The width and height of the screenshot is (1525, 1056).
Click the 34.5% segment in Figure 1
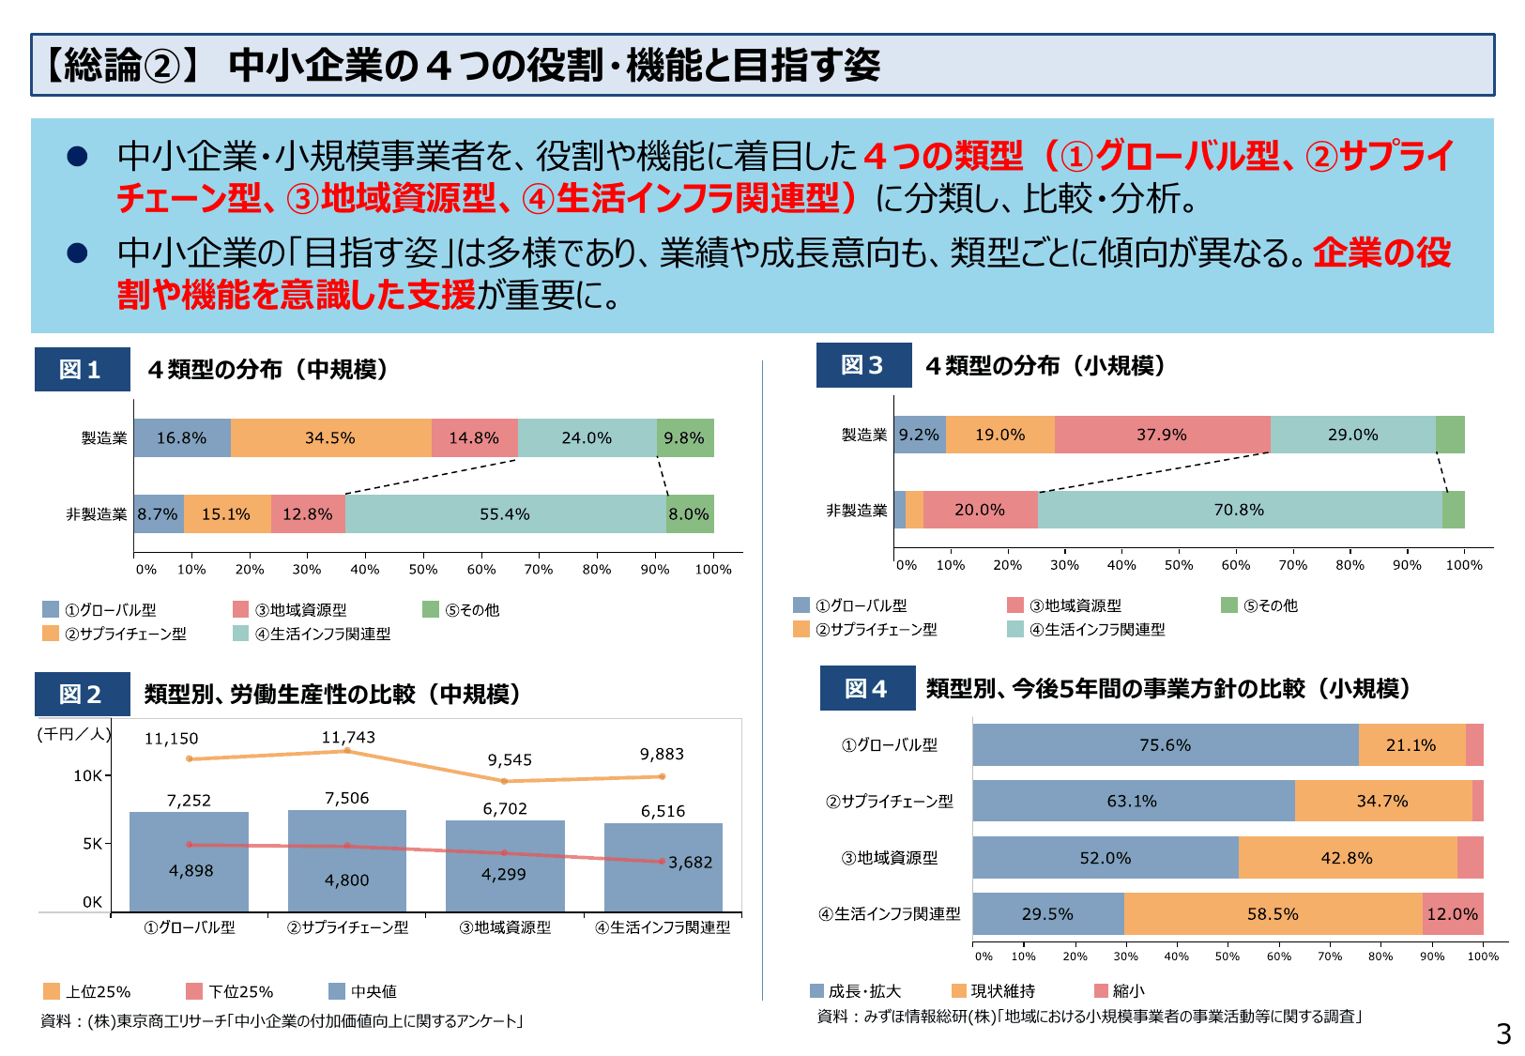pyautogui.click(x=330, y=438)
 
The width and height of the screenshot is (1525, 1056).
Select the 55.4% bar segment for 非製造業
pyautogui.click(x=505, y=514)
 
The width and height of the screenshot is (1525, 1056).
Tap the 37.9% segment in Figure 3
pyautogui.click(x=1162, y=435)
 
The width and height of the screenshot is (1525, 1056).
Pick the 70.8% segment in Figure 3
pyautogui.click(x=1239, y=510)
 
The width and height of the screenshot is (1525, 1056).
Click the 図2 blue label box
pyautogui.click(x=82, y=694)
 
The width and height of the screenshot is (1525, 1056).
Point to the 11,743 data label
pyautogui.click(x=348, y=738)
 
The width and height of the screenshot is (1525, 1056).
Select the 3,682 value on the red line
pyautogui.click(x=690, y=862)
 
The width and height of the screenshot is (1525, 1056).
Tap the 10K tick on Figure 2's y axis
pyautogui.click(x=87, y=775)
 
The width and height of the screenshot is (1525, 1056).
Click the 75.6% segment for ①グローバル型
pyautogui.click(x=1165, y=744)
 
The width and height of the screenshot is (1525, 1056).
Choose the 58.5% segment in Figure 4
pyautogui.click(x=1273, y=913)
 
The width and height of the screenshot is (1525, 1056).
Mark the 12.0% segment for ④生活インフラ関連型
pyautogui.click(x=1452, y=913)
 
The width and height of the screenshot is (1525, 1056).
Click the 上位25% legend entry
pyautogui.click(x=88, y=991)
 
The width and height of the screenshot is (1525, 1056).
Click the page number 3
pyautogui.click(x=1502, y=1033)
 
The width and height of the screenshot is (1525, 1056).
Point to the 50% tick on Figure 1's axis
pyautogui.click(x=422, y=569)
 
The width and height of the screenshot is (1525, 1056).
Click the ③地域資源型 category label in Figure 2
pyautogui.click(x=505, y=927)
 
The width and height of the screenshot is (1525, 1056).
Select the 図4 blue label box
pyautogui.click(x=866, y=688)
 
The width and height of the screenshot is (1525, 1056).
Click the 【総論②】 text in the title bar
pyautogui.click(x=122, y=66)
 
